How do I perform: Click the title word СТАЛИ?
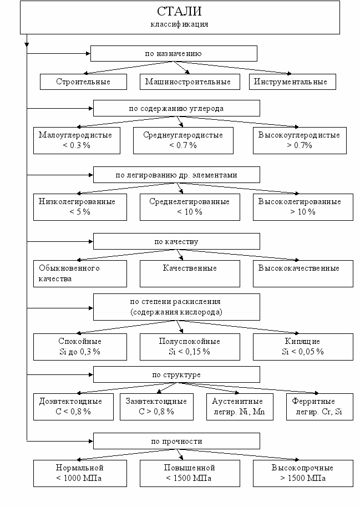coord(179,11)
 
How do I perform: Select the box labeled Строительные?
coord(83,82)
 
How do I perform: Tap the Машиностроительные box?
coord(190,82)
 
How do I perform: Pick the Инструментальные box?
coord(292,82)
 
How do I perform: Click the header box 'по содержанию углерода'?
coord(176,108)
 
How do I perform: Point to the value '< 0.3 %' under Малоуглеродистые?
coord(77,145)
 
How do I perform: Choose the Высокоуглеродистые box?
coord(300,140)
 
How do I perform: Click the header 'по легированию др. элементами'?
coord(176,175)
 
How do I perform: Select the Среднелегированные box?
coord(190,207)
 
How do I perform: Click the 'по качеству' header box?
coord(176,241)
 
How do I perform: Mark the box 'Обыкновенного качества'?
coord(80,273)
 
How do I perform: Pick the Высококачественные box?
coord(303,273)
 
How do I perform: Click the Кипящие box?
coord(303,347)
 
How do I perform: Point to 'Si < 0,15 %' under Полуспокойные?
coord(190,352)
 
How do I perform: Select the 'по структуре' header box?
coord(176,374)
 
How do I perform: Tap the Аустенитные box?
coord(240,407)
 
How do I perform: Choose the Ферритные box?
coord(320,407)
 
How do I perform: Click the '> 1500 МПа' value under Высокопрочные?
coord(303,478)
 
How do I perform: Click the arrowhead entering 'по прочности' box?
coord(91,441)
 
